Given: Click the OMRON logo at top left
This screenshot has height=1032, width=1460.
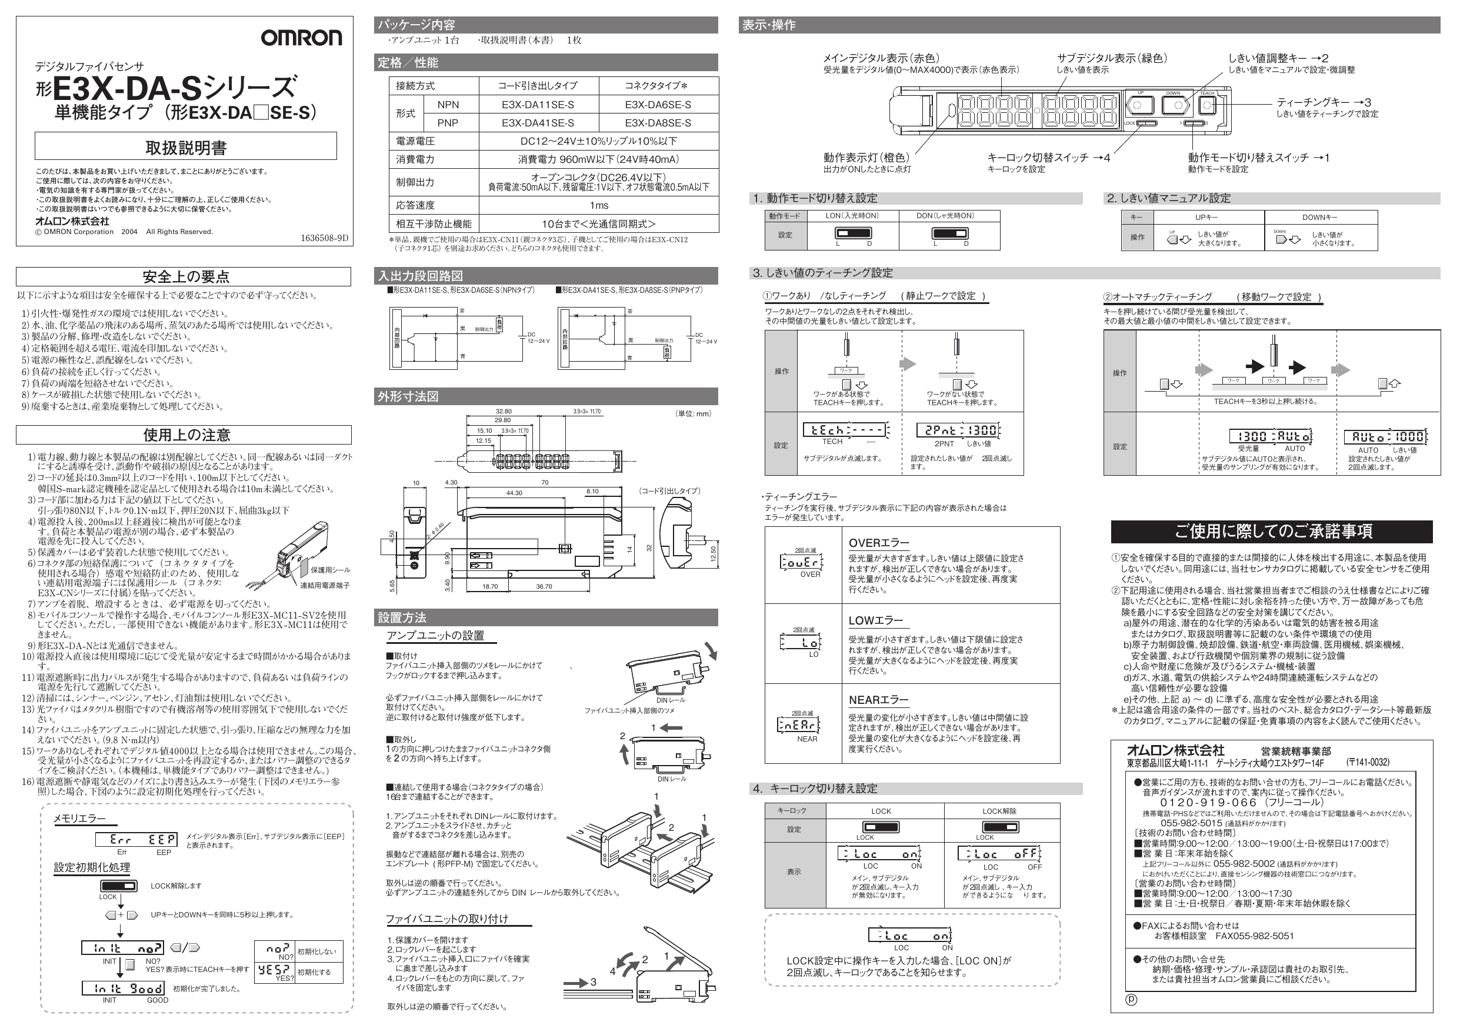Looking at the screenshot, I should (x=301, y=38).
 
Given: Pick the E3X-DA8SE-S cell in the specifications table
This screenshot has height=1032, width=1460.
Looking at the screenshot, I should (x=658, y=123).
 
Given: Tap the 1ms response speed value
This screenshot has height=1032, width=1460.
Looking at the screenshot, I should (x=598, y=205).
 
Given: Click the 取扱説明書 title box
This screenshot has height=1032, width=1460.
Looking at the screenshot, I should (x=186, y=148).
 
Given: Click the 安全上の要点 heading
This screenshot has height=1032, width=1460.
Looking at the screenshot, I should (x=186, y=276).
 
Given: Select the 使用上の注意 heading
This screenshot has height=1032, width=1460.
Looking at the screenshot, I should (x=186, y=435).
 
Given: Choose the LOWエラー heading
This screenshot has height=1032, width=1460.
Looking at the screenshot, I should (x=875, y=620).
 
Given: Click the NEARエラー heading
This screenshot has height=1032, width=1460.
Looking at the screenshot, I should (x=878, y=700).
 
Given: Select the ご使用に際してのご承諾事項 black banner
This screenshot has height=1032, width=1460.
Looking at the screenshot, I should (x=1272, y=531).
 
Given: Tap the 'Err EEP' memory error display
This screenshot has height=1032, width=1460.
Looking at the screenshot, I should (x=136, y=839).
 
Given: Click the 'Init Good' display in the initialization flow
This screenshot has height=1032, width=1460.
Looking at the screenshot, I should (x=123, y=988).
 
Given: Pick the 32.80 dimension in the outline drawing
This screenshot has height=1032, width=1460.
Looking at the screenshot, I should (x=503, y=412).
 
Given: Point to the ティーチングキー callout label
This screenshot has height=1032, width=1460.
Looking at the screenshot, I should (x=1323, y=102).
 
